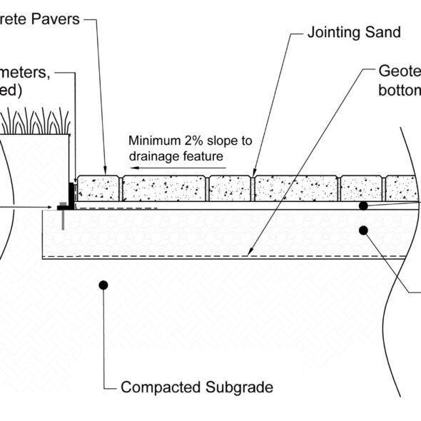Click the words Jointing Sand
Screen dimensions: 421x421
[353, 32]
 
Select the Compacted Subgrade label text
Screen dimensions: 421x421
[196, 387]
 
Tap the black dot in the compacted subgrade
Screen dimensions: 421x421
[103, 285]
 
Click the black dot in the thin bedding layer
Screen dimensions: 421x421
[363, 206]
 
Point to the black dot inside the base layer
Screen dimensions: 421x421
[363, 230]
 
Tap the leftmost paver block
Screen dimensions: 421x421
[98, 188]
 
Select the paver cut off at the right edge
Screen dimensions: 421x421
[401, 188]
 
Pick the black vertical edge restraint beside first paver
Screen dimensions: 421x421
[71, 193]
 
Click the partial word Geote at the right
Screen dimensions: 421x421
[399, 72]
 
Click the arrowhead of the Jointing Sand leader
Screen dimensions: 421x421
[253, 172]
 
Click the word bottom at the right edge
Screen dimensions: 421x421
[400, 91]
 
